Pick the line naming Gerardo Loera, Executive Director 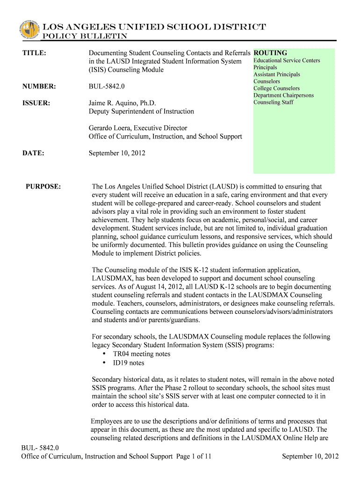coord(138,128)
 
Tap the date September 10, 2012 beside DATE coord(117,153)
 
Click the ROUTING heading coord(270,53)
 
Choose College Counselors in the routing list coord(276,88)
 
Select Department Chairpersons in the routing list coord(283,95)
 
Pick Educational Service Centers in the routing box coord(287,61)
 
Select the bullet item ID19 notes coord(129,363)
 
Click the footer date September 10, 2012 coord(310,457)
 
